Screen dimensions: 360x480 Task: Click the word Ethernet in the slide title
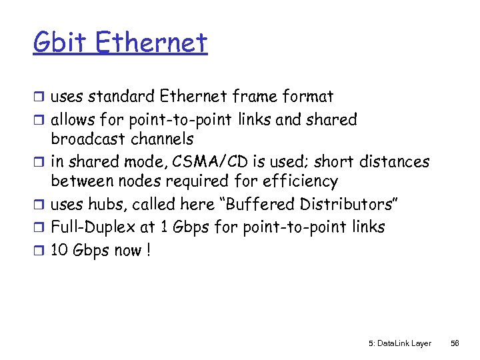[x=151, y=43]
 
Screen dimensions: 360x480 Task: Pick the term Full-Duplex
[x=93, y=227]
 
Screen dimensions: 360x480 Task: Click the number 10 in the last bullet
[x=60, y=251]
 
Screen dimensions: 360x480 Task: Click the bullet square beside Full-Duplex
[x=39, y=228]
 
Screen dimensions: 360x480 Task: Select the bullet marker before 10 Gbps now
[x=39, y=251]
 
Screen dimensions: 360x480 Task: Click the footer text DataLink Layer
[x=399, y=343]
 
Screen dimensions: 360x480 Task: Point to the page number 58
[x=455, y=343]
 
